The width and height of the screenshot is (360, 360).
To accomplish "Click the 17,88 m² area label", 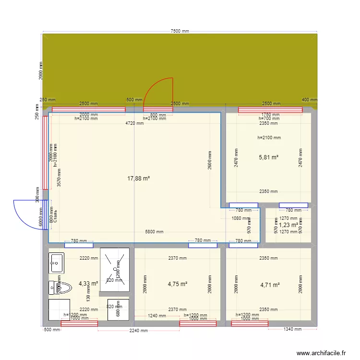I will [x=138, y=179].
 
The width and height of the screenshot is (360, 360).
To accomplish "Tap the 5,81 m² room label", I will [x=269, y=157].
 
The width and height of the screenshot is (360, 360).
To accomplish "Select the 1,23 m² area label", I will [x=288, y=225].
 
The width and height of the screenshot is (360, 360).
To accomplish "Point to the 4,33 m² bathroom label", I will [x=88, y=284].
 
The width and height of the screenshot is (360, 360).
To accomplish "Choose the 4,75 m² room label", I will [x=177, y=284].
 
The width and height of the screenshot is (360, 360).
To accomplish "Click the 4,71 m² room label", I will [x=270, y=285].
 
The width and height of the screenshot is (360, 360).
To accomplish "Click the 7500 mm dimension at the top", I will [x=180, y=31].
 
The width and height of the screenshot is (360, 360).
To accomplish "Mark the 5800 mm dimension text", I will [x=154, y=232].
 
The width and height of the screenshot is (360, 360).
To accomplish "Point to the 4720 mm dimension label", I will [x=134, y=123].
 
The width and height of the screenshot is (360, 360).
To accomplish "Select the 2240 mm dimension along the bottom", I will [x=138, y=330].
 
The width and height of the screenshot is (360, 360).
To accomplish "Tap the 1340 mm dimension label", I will [x=292, y=329].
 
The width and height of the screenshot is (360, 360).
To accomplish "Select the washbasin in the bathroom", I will [x=56, y=263].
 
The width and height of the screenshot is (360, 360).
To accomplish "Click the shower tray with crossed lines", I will [x=115, y=269].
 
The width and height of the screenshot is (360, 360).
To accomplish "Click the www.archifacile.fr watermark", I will [x=321, y=353].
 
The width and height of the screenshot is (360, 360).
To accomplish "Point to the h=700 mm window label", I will [x=269, y=119].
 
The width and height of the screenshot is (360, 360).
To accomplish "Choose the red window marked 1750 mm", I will [x=270, y=110].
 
